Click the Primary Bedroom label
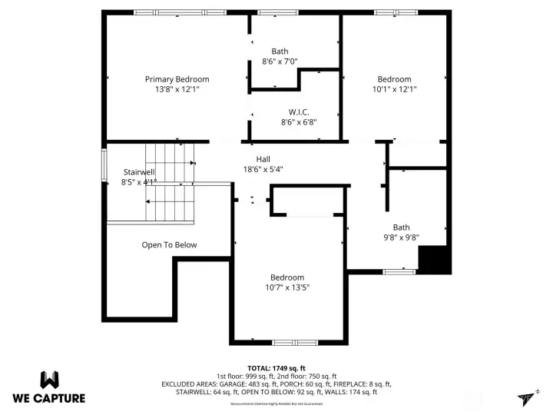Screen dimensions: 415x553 [177, 79]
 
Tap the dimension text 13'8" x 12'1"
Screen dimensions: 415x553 [177, 89]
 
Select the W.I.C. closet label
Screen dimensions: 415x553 [298, 111]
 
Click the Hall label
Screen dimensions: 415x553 [263, 159]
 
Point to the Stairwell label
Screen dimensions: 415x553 [139, 172]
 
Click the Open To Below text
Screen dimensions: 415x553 [169, 245]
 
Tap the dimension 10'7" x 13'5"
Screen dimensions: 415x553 [286, 287]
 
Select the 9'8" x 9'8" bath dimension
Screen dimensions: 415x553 [401, 237]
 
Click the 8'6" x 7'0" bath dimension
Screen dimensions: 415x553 [280, 61]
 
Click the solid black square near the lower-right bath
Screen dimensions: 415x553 [432, 260]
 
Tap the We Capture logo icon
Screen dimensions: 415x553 [49, 379]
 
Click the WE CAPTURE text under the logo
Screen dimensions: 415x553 [49, 398]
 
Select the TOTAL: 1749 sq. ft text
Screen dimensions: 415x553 [276, 368]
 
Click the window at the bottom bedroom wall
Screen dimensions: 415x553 [295, 342]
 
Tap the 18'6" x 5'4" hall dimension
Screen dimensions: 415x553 [263, 169]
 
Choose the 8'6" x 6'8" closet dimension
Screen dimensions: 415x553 [298, 121]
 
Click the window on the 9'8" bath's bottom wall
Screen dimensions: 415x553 [399, 271]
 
